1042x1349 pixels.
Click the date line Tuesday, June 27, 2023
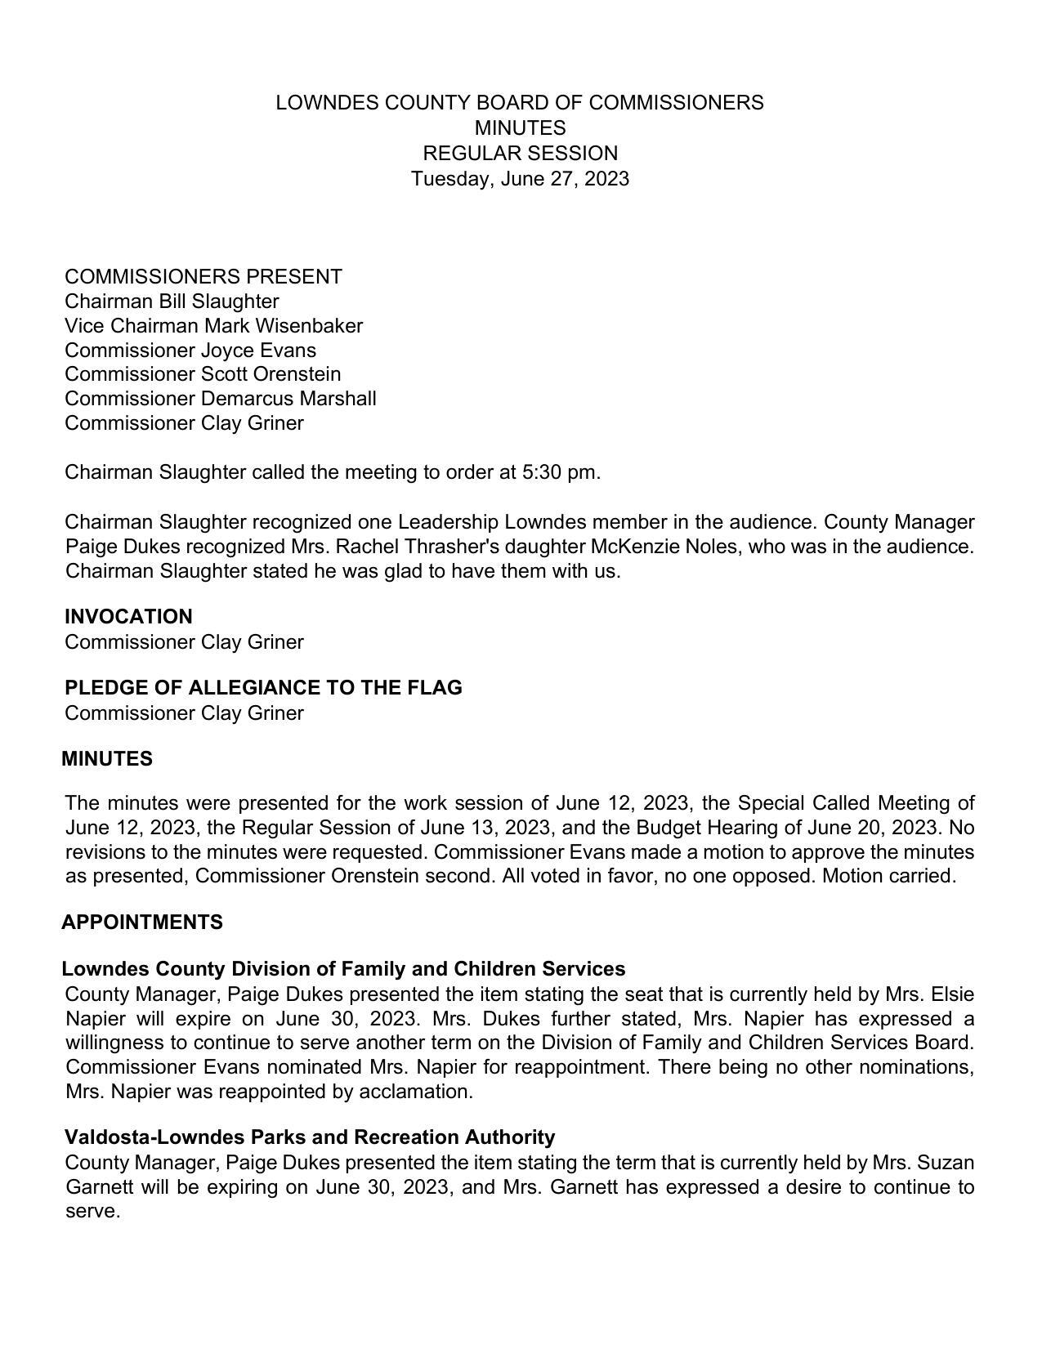[520, 179]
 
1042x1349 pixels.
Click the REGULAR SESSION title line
[520, 154]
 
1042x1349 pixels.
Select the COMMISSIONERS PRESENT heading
[203, 277]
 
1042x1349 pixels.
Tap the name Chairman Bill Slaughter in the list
[172, 302]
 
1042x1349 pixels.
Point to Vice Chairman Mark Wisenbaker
[213, 326]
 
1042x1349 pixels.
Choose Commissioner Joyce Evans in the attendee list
[190, 351]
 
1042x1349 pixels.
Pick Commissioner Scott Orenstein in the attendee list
[203, 374]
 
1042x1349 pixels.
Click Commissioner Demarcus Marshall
[221, 399]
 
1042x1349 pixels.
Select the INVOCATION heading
[128, 617]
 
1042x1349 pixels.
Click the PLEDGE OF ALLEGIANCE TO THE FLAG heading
[263, 688]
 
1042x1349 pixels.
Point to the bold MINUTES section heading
[107, 759]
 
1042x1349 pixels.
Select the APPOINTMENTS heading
[142, 922]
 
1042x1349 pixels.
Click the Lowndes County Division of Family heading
[343, 969]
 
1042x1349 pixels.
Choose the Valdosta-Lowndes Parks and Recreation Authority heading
[310, 1137]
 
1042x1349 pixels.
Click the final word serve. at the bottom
[92, 1212]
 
